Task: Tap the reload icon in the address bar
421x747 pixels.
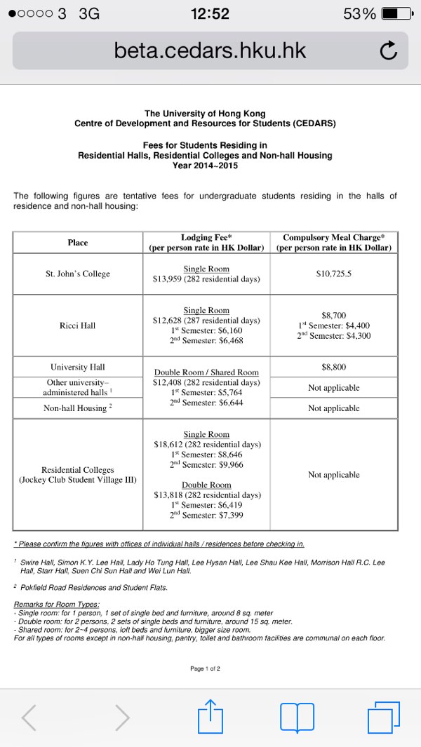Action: (x=388, y=51)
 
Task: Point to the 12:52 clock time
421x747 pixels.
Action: (x=210, y=13)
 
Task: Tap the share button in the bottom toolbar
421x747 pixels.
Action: (x=210, y=716)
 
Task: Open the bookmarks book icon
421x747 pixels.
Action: (x=297, y=717)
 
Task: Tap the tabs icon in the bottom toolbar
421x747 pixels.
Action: (x=383, y=717)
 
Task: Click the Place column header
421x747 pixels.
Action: (x=78, y=243)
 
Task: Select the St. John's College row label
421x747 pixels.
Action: (x=78, y=274)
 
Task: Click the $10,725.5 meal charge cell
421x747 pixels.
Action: (x=334, y=274)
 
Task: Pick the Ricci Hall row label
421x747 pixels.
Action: (x=78, y=325)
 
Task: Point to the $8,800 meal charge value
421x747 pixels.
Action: (x=334, y=367)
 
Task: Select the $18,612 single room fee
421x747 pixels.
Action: (x=169, y=445)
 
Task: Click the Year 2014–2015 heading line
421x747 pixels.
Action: (x=205, y=166)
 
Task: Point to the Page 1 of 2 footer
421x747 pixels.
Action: (x=205, y=668)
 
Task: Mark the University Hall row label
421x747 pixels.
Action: (x=78, y=367)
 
